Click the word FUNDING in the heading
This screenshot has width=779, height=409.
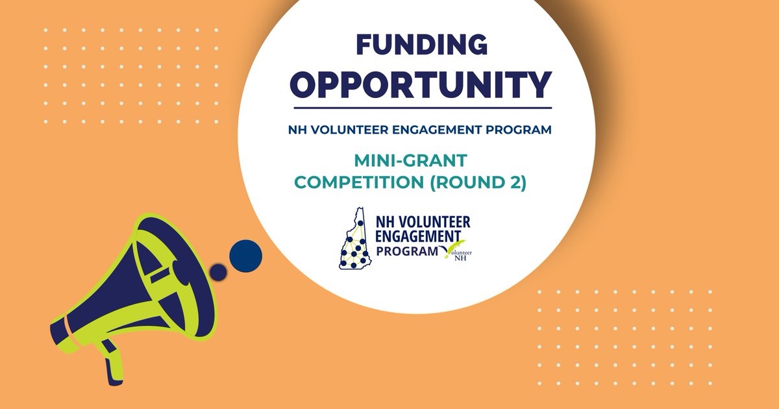pyautogui.click(x=421, y=45)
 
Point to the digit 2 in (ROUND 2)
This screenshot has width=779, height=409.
pyautogui.click(x=515, y=183)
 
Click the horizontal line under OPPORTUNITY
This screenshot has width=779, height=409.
pyautogui.click(x=422, y=108)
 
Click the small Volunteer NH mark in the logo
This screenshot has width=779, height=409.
pyautogui.click(x=457, y=254)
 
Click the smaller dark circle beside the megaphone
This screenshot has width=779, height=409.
pyautogui.click(x=219, y=272)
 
